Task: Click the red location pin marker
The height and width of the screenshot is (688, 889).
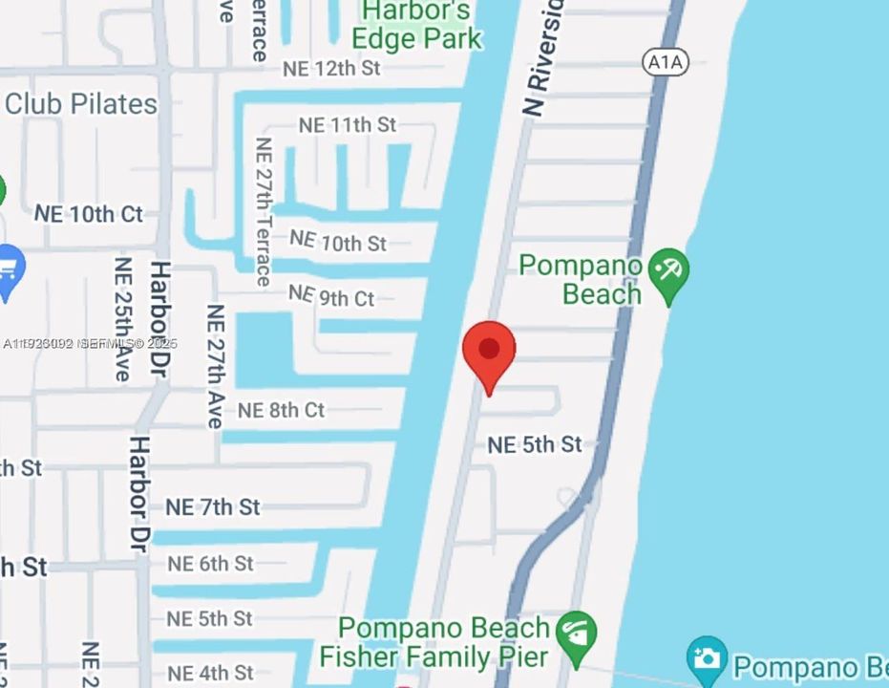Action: point(489,352)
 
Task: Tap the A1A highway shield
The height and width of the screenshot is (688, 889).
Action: point(666,62)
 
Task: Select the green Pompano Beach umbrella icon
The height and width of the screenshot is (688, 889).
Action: point(668,272)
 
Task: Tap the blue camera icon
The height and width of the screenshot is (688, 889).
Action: point(707,658)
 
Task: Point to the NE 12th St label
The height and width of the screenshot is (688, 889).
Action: point(331,69)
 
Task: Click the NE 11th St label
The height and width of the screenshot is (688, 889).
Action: point(347,125)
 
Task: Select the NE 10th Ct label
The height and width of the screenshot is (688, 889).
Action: point(89,214)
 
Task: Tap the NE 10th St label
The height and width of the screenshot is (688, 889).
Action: point(338,242)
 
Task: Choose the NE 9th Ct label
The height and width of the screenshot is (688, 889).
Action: point(331,297)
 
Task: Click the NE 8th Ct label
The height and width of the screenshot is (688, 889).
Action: point(281,411)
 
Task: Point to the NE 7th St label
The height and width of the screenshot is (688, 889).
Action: point(213,506)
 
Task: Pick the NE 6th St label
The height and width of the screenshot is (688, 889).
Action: point(210,564)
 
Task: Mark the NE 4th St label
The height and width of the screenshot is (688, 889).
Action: point(210,674)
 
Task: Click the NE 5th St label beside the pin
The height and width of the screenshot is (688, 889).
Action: point(534,444)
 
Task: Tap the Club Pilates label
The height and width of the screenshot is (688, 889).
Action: point(81,103)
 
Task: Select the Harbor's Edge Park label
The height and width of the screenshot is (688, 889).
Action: point(417,25)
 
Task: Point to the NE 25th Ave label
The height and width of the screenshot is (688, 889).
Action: point(122,318)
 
